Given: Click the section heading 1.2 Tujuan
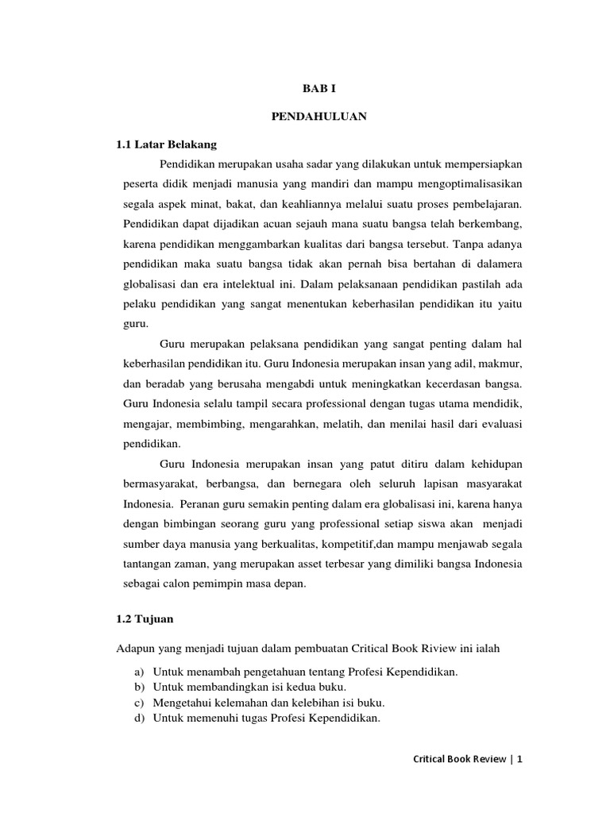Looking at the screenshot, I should click(145, 617).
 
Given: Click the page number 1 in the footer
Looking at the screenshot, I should click(520, 759).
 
